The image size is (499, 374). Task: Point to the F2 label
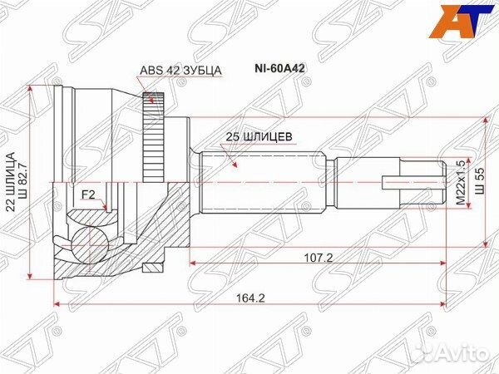[x=88, y=196]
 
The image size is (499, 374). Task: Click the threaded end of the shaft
[x=408, y=182]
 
